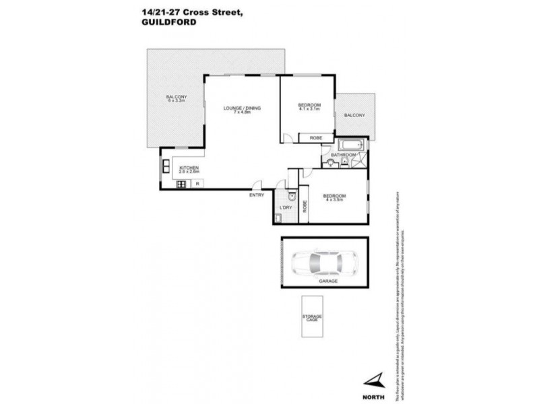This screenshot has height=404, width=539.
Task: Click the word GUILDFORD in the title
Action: [162, 21]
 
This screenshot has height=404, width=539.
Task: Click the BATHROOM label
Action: [343, 155]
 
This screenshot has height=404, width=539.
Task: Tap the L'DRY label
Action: [284, 217]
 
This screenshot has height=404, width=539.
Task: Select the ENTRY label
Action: [256, 195]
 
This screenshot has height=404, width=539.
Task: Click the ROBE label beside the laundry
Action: [304, 207]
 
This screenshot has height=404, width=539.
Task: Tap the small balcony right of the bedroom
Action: [354, 115]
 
